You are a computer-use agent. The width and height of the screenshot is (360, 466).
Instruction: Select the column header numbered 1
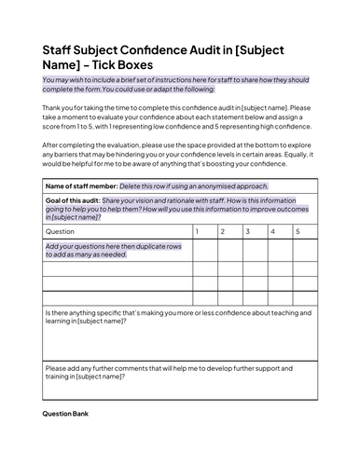(x=197, y=229)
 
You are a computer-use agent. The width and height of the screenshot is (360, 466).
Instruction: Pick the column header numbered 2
(x=222, y=229)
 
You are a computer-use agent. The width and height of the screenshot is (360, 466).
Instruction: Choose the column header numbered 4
(x=272, y=229)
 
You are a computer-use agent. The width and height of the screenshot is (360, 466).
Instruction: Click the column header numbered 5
(x=298, y=229)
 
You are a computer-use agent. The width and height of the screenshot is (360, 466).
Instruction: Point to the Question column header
(x=61, y=230)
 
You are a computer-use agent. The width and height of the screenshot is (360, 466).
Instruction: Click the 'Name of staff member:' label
(x=81, y=186)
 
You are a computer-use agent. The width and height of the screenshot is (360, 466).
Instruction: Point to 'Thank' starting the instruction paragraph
(x=53, y=109)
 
